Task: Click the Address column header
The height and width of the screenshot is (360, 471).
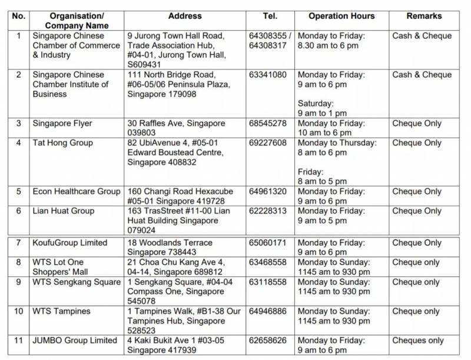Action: (x=184, y=16)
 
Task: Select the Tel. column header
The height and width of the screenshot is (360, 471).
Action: (x=270, y=16)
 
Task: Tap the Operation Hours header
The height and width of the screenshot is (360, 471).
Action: (x=341, y=16)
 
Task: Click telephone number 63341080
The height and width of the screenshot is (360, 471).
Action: (x=268, y=75)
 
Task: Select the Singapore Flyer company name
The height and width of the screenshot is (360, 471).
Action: (x=62, y=123)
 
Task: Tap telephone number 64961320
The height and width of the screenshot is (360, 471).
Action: (x=268, y=191)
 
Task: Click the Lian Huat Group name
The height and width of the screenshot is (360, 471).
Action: (x=64, y=211)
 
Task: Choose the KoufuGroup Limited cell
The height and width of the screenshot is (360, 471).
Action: (x=70, y=243)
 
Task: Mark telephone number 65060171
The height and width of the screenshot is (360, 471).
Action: (x=268, y=243)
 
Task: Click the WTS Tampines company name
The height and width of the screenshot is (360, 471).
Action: (x=62, y=311)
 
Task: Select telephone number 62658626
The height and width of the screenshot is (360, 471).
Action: (x=268, y=341)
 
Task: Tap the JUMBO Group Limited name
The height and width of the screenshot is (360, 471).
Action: (x=75, y=341)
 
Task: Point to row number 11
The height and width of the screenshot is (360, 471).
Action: (x=18, y=341)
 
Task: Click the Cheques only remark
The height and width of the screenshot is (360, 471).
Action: (x=418, y=341)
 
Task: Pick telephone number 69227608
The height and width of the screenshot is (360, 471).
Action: (x=268, y=143)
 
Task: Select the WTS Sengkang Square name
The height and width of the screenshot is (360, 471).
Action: (x=77, y=282)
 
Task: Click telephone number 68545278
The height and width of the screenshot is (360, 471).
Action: (x=268, y=123)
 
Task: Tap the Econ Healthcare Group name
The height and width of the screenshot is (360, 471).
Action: (x=77, y=191)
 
